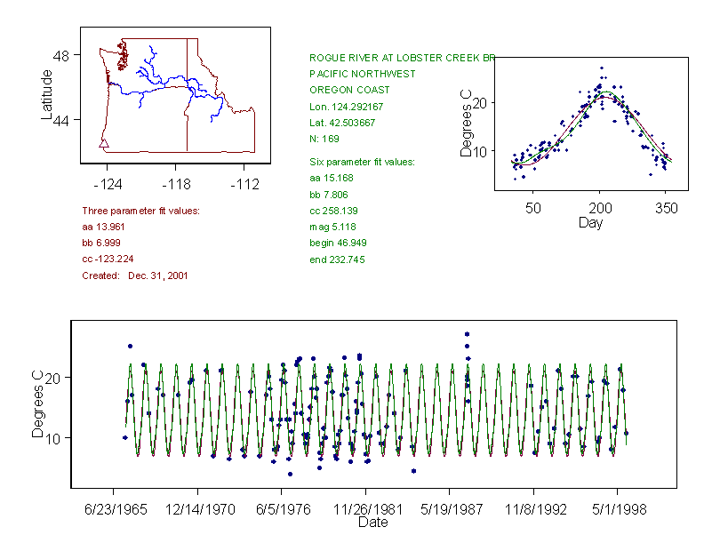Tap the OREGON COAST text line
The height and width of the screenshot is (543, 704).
(x=349, y=90)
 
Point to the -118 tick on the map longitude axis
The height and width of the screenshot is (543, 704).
(x=175, y=185)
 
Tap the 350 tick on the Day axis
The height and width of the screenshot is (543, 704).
(x=667, y=208)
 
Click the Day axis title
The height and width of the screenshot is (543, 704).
(x=590, y=223)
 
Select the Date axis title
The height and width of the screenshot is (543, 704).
(x=373, y=523)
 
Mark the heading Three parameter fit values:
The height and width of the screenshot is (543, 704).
(x=140, y=211)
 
